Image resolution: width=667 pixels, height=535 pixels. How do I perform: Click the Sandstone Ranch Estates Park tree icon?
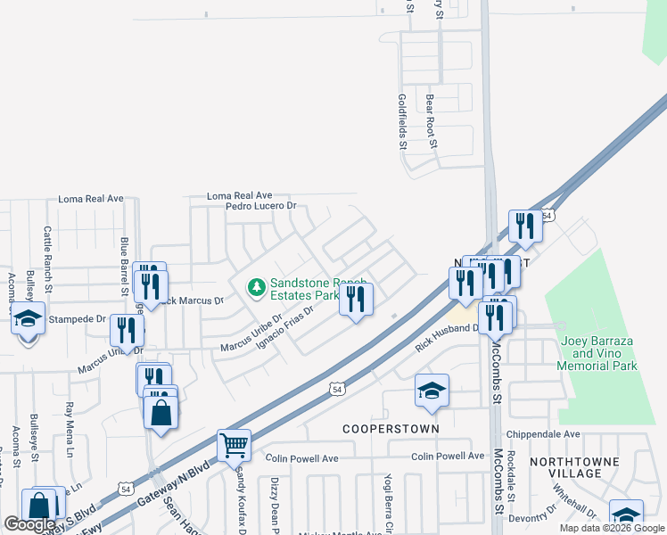tap(257, 287)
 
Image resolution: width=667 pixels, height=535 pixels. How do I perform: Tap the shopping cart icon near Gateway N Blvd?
tap(234, 445)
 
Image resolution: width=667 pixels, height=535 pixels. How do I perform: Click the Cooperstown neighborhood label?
tap(391, 429)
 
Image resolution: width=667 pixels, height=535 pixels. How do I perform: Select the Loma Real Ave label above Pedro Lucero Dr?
tap(239, 194)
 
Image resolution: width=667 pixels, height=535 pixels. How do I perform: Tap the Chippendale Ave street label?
tap(542, 434)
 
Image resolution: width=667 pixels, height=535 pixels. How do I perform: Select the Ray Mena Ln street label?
tap(70, 430)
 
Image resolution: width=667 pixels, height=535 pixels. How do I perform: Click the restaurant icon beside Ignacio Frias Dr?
tap(356, 300)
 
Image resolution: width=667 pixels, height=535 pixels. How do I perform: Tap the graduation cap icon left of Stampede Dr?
tap(28, 317)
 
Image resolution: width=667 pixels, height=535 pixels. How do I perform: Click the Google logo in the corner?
tap(29, 524)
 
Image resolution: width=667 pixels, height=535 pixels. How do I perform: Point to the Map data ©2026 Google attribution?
tap(612, 528)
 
